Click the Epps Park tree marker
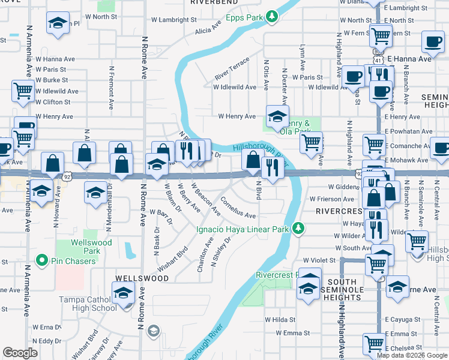point(273,16)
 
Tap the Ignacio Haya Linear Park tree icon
point(297,228)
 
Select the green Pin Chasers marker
point(41,261)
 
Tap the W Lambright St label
point(173,19)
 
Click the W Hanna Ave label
point(54,59)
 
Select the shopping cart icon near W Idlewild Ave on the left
point(23,91)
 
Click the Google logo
point(20,353)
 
